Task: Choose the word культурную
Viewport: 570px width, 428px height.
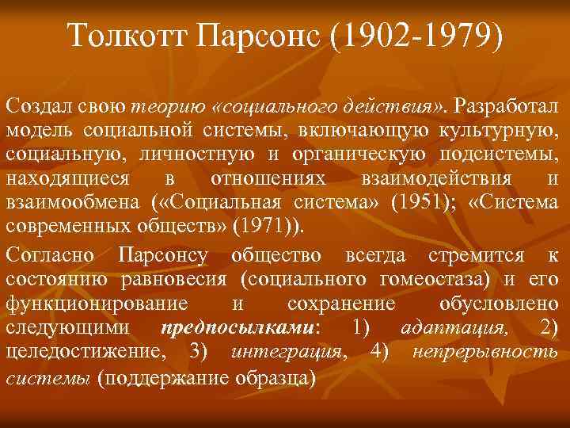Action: (499, 129)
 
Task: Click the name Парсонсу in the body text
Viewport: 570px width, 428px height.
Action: (162, 255)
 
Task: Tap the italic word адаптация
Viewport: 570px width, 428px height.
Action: (448, 326)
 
